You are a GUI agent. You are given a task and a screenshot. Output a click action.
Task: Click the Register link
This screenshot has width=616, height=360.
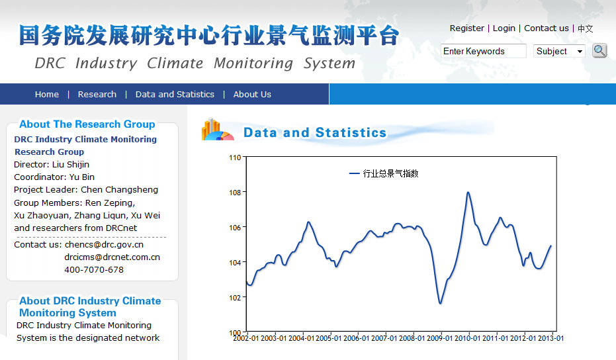coord(466,28)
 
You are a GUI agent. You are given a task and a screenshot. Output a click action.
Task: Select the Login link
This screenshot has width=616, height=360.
coord(504,28)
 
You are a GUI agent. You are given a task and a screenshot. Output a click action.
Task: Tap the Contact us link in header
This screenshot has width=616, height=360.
coord(546,28)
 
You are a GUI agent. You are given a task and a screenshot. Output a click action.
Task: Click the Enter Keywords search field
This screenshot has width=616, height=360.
coord(483,51)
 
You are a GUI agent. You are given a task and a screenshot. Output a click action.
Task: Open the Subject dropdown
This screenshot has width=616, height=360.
coord(559,51)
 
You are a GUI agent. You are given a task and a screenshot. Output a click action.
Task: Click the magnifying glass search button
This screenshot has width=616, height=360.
coord(599,51)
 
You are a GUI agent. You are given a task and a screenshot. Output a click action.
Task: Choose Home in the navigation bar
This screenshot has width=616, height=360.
coord(47,95)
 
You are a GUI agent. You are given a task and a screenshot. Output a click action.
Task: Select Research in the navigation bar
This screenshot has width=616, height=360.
coord(97,95)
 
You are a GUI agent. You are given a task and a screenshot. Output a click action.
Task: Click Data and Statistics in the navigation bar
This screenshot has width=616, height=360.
coord(175,95)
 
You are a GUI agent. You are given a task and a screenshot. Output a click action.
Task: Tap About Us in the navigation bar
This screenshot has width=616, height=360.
coord(252,95)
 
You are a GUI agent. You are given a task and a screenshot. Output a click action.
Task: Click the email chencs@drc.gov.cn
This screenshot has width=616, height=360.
coord(104,244)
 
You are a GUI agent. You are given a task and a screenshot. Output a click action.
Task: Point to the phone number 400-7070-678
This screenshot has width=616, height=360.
coord(94,269)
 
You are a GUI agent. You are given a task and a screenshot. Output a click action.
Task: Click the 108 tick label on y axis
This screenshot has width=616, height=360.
coord(235,193)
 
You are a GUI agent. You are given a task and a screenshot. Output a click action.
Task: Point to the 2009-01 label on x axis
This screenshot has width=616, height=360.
coord(439,338)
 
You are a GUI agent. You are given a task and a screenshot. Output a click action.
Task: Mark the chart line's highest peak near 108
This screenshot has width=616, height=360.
coord(468,192)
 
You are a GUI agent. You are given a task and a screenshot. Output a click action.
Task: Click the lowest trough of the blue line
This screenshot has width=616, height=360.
coord(441,303)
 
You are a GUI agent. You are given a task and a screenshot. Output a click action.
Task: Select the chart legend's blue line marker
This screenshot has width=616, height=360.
coord(355,173)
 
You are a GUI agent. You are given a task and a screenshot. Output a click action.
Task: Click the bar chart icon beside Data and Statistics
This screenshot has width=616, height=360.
coord(217,129)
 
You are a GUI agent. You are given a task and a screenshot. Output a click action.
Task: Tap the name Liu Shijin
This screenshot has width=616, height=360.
coord(71,165)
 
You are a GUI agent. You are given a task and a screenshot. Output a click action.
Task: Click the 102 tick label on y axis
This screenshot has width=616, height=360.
coord(235,298)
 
